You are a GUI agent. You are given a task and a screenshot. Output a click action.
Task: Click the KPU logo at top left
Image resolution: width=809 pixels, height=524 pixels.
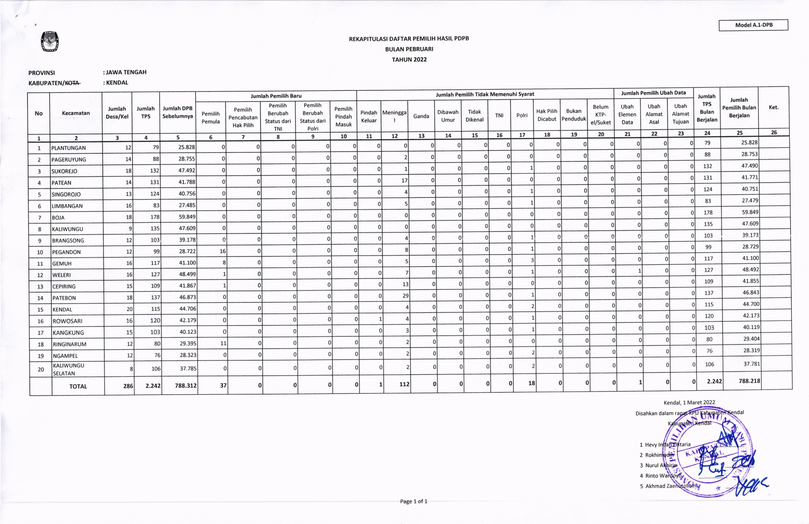50,41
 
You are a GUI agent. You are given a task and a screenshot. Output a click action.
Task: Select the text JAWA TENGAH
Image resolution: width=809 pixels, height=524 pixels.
126,72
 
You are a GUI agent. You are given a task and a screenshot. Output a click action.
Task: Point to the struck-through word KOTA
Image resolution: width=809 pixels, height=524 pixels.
72,83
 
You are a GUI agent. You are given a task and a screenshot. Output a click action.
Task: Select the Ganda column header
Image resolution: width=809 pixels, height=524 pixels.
421,116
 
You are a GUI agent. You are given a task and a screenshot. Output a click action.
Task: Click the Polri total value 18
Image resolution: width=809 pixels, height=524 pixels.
531,383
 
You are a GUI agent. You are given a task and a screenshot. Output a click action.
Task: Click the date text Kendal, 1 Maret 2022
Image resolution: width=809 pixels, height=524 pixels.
689,403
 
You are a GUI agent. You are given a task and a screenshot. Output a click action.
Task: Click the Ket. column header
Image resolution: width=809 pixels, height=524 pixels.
773,107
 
